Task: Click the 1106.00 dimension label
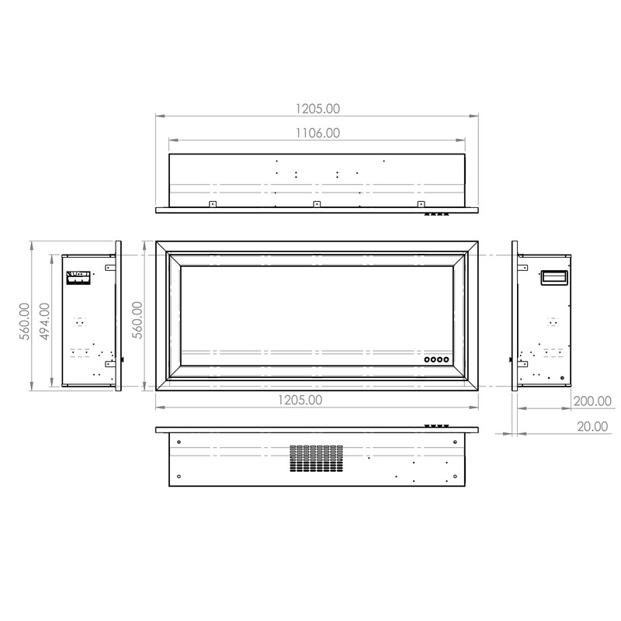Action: coord(317,133)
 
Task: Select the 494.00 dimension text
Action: coord(45,321)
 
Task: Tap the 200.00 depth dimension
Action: coord(592,401)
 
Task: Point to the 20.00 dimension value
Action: coord(592,426)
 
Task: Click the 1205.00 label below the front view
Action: coord(300,400)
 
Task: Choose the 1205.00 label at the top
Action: coord(317,109)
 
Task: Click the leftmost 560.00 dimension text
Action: coord(25,321)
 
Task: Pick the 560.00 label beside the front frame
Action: coord(137,320)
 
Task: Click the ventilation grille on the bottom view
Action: coord(316,458)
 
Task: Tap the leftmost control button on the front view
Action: coord(427,359)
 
